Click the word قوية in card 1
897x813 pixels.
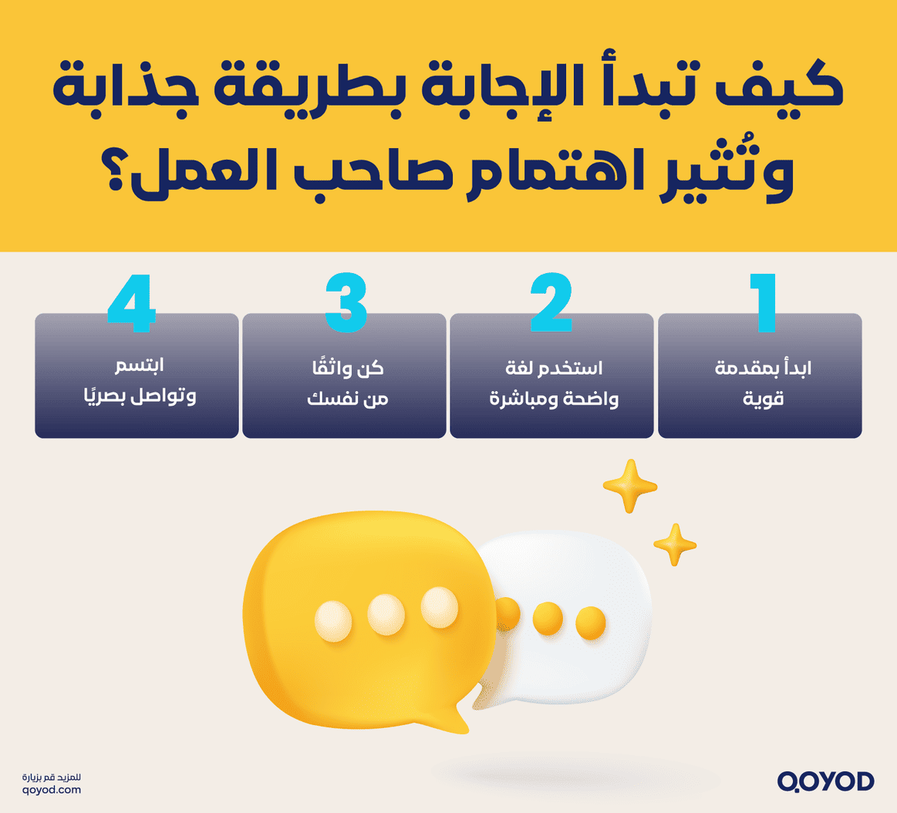pos(764,400)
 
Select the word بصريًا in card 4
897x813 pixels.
pos(104,398)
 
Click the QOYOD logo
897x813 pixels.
pos(825,781)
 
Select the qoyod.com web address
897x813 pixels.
pos(52,790)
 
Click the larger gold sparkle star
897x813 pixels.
pos(629,486)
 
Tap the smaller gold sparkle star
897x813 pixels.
pos(674,545)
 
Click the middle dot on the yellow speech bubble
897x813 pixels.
pos(386,614)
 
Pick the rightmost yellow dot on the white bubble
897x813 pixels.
pos(591,621)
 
